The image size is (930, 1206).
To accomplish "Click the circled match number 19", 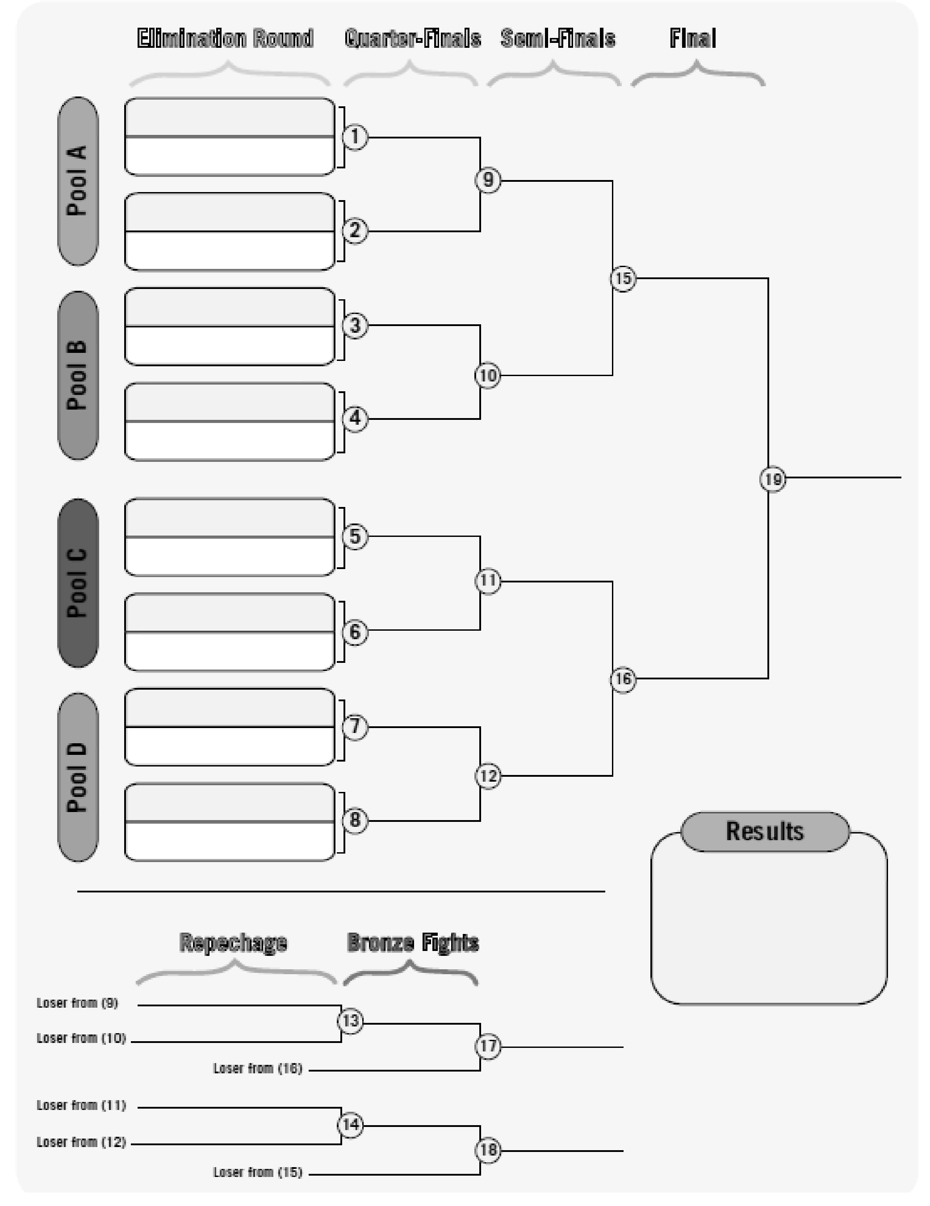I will [x=773, y=479].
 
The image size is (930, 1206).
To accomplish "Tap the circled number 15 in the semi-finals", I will [x=623, y=278].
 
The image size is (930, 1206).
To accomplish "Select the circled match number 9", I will [x=488, y=180].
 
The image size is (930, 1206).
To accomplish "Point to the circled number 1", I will [x=355, y=137].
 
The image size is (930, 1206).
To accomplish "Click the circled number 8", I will [x=355, y=820].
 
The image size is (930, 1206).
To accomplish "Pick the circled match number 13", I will [x=351, y=1021].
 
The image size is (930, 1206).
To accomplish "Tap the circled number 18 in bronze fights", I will [x=488, y=1150].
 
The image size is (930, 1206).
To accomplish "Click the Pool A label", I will [x=78, y=181].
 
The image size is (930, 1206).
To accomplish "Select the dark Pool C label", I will [x=78, y=582].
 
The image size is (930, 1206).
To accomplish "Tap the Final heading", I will [x=693, y=39].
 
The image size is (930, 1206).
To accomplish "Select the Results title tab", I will [x=765, y=831].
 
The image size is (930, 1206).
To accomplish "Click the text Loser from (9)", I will [x=77, y=1003].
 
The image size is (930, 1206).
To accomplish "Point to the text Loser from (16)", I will [x=258, y=1068].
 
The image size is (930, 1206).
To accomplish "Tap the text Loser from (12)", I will [x=81, y=1142].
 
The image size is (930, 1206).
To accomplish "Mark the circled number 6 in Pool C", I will [x=355, y=632].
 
